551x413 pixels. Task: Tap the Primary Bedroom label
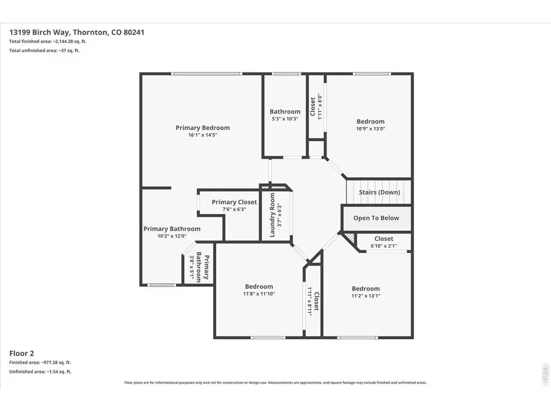(x=203, y=128)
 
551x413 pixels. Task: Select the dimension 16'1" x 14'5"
(x=203, y=135)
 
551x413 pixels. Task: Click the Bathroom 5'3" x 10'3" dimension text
(x=285, y=119)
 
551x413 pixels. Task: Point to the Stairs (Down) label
(x=379, y=192)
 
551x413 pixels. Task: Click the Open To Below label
(x=376, y=218)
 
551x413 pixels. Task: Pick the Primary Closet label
(x=235, y=202)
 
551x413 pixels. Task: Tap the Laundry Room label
(x=272, y=215)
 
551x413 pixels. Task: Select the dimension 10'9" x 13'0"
(x=371, y=129)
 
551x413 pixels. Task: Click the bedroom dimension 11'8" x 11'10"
(x=259, y=294)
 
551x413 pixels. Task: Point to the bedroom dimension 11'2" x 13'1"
(x=366, y=296)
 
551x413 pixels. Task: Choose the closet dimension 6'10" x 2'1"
(x=384, y=246)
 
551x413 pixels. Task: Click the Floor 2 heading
(x=22, y=353)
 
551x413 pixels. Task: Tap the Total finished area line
(x=48, y=41)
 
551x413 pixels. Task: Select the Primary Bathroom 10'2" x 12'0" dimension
(x=172, y=236)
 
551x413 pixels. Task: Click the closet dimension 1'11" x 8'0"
(x=320, y=107)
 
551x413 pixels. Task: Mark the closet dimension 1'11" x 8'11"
(x=309, y=301)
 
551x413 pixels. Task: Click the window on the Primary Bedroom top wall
(x=207, y=74)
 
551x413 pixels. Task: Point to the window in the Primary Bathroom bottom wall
(x=161, y=285)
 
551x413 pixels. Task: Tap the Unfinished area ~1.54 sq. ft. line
(x=40, y=372)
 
